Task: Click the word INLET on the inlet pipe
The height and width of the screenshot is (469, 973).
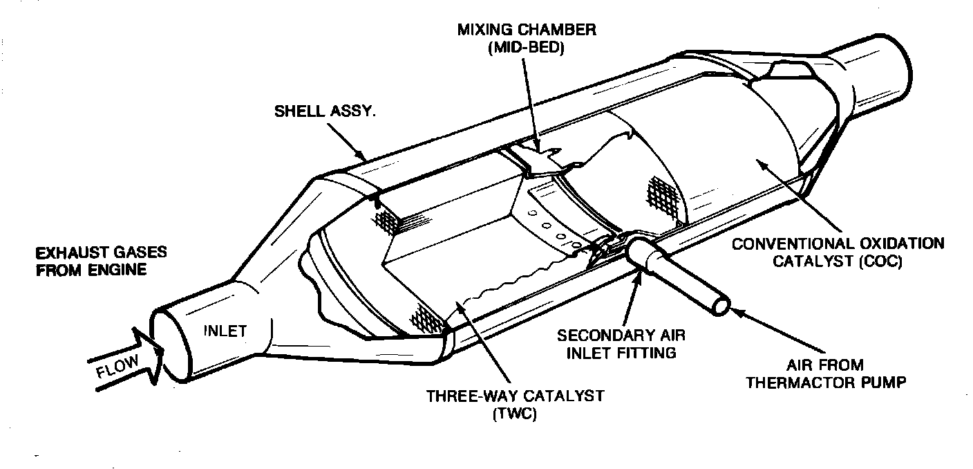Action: (225, 331)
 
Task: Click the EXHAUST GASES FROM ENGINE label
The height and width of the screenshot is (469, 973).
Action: (102, 260)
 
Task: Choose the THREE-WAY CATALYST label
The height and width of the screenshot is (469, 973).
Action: (516, 396)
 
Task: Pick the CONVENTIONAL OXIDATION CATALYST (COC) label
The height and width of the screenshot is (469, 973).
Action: (838, 252)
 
